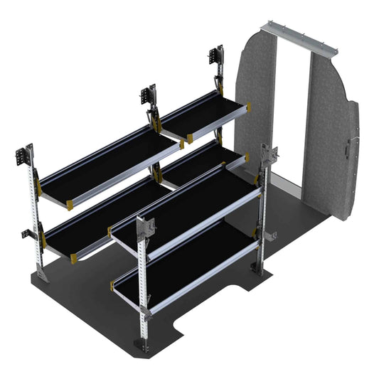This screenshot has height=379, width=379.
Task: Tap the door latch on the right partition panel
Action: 346,151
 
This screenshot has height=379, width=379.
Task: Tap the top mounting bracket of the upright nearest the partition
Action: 215,60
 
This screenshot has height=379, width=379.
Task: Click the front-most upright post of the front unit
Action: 146,284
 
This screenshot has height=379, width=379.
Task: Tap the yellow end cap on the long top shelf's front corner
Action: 70,205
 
